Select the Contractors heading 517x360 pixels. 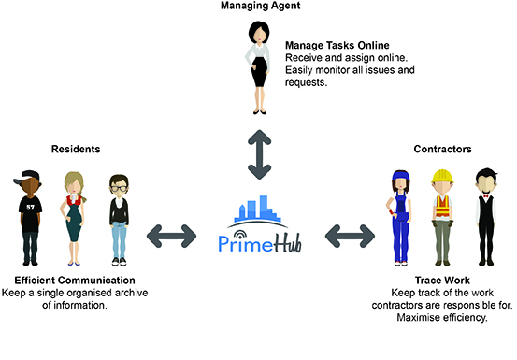(x=441, y=149)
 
